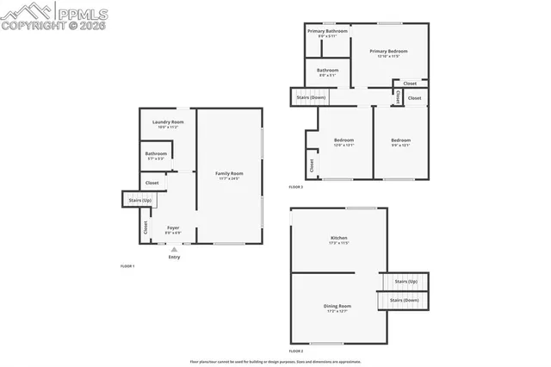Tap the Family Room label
(229, 174)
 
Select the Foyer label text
(172, 228)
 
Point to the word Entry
(175, 257)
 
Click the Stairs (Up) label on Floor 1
(139, 201)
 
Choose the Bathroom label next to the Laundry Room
(156, 154)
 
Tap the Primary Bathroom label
(328, 31)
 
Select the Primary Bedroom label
(388, 52)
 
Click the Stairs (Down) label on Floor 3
(311, 97)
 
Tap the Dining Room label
(338, 306)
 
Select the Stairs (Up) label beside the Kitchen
(406, 281)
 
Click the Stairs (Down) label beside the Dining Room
(404, 300)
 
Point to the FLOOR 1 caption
(127, 267)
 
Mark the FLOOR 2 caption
(296, 351)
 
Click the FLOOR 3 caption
(296, 187)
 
